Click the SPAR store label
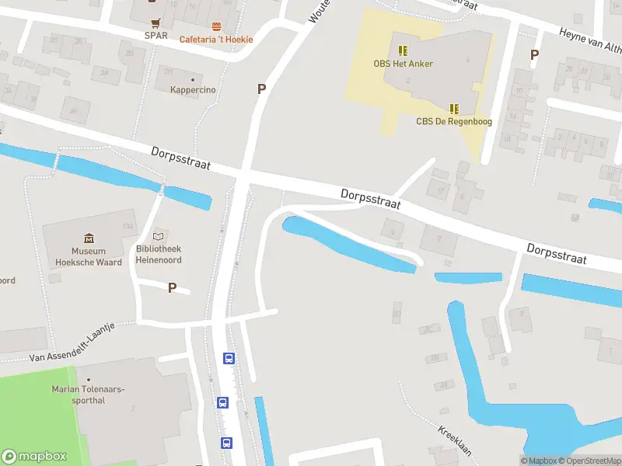point(156,35)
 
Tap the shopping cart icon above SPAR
point(156,23)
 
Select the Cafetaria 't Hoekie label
point(216,40)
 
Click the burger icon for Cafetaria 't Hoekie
point(216,27)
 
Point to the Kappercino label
point(193,90)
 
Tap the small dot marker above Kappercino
point(193,79)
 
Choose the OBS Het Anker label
point(404,64)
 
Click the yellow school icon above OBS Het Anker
point(402,50)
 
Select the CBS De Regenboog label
point(454,121)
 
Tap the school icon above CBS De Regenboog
point(454,109)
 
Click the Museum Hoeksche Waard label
point(89,256)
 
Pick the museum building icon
point(89,238)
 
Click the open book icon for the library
point(159,235)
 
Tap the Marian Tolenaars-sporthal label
point(88,394)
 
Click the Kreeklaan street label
point(455,442)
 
